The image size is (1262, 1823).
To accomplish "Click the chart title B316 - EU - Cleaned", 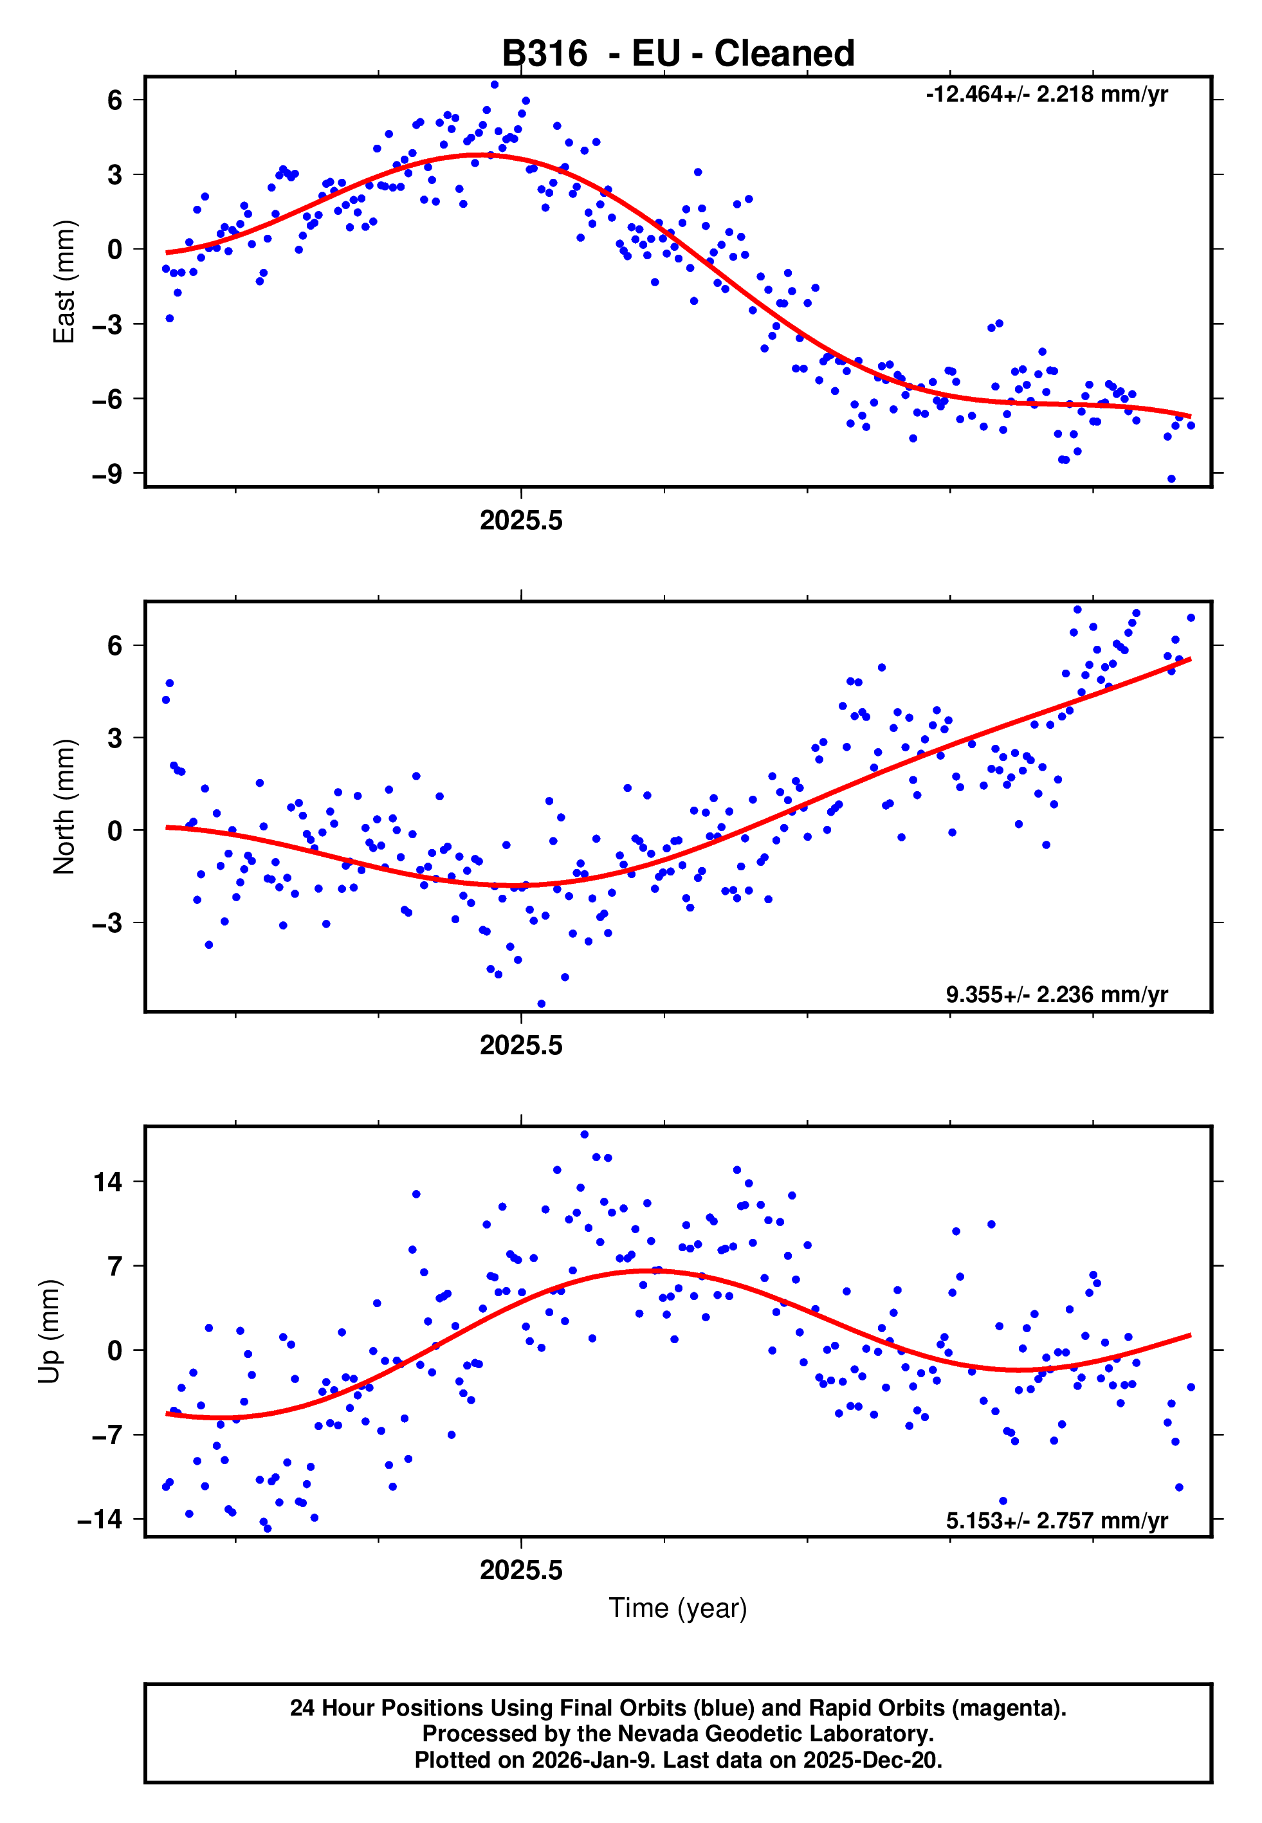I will pos(678,54).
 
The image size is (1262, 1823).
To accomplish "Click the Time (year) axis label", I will pos(678,1608).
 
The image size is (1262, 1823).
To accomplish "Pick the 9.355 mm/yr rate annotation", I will pos(1056,994).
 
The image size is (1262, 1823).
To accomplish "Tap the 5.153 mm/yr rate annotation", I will pos(1056,1520).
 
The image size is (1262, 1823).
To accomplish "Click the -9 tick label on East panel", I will pos(107,474).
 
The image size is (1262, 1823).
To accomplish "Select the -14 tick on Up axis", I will pos(100,1519).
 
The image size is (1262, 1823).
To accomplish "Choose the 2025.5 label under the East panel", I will pos(521,521).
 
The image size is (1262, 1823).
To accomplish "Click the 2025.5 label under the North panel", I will pos(521,1046).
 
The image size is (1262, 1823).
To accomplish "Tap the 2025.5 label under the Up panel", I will pos(521,1570).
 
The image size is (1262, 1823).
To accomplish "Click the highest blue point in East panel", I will pos(494,84).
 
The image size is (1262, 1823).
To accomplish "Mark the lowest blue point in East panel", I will pos(1171,479).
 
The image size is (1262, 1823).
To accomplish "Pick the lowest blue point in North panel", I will pos(542,1004).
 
